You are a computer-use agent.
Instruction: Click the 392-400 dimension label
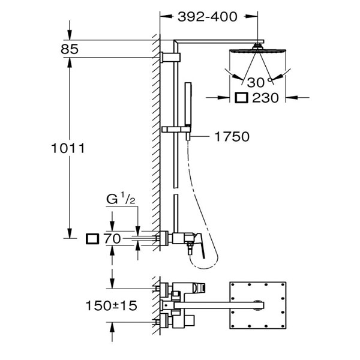208,17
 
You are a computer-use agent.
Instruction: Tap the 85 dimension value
70,49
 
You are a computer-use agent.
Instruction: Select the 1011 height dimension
68,148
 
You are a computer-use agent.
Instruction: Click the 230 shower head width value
265,98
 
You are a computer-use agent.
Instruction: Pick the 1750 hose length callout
232,137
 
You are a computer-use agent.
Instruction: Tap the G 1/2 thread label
121,199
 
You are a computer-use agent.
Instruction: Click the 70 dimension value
112,239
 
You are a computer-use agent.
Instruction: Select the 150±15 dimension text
112,305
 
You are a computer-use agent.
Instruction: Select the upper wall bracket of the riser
170,57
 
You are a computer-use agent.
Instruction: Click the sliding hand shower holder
176,130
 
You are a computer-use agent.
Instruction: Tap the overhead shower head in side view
257,50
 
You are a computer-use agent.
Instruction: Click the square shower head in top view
258,305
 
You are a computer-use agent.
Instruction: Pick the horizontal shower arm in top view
219,305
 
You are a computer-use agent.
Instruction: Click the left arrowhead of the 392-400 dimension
166,16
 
